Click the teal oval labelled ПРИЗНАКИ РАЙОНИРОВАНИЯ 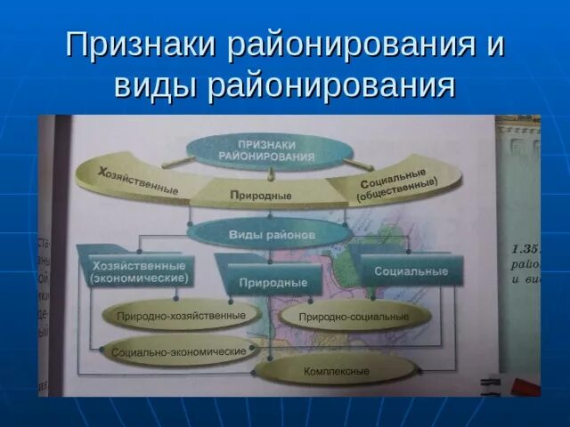pos(267,149)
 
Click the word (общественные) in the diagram pos(397,187)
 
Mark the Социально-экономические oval pos(179,351)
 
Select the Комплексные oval pos(336,370)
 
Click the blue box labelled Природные pos(273,283)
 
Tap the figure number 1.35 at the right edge pos(526,249)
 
